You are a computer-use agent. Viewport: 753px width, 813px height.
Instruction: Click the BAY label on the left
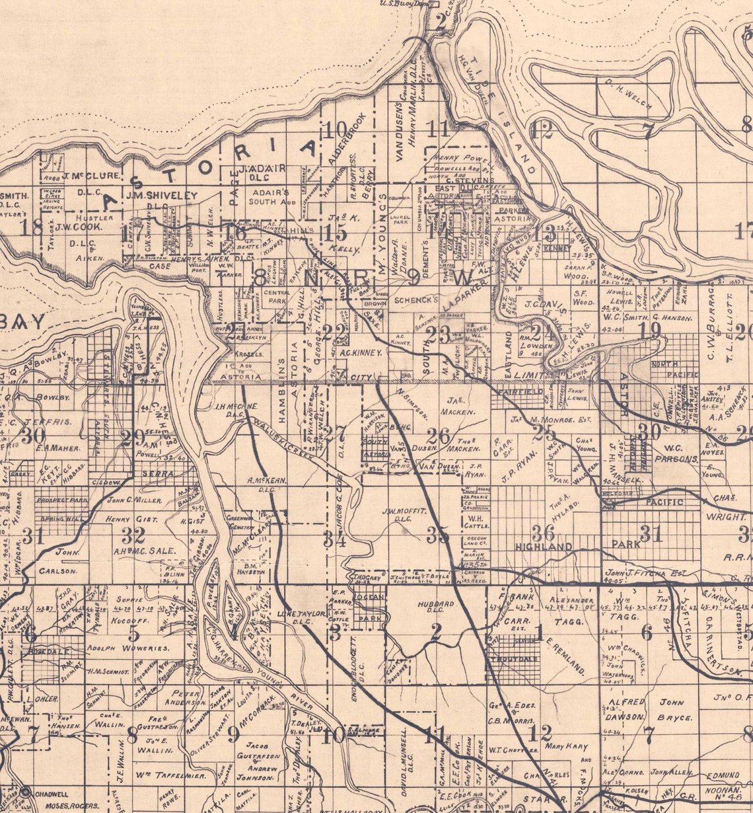[23, 322]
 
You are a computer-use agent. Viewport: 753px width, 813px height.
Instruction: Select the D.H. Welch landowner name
[627, 96]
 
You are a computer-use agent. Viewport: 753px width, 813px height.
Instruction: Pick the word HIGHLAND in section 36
[544, 547]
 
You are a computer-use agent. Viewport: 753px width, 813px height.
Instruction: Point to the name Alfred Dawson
[625, 709]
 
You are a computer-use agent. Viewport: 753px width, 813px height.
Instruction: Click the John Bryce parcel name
[674, 709]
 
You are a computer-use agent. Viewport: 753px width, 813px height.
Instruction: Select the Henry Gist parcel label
[131, 520]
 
